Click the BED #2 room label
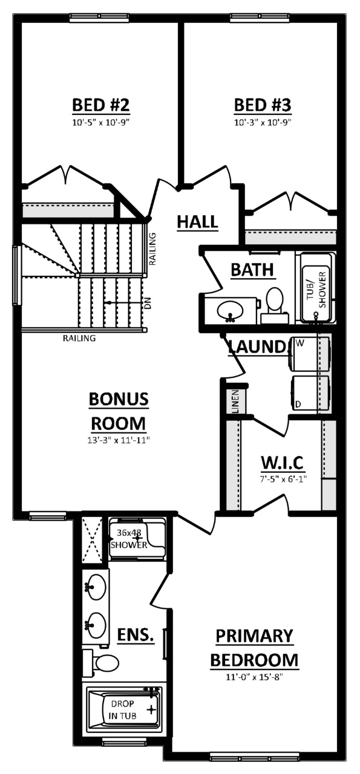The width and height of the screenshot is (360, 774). (101, 105)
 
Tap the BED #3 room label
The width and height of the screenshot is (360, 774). (263, 105)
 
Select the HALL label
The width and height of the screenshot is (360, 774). (197, 222)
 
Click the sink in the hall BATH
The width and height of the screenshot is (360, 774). (230, 311)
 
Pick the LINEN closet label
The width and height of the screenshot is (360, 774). (235, 402)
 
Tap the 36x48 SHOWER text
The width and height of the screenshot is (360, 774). (128, 539)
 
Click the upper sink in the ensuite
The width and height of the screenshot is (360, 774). (96, 587)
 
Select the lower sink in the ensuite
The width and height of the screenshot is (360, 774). (96, 623)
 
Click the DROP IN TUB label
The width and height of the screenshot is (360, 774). (123, 710)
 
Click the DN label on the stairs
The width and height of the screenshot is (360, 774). (147, 303)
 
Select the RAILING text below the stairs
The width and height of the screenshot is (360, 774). (79, 338)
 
